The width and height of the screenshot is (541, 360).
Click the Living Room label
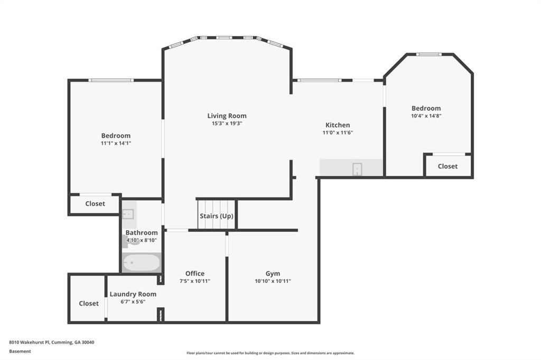coord(227,116)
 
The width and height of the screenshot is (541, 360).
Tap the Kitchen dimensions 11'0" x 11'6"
coord(338,132)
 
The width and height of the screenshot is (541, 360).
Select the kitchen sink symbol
coord(357,169)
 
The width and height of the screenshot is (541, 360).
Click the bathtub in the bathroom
coord(141,262)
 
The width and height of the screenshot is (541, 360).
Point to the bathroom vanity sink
coord(128,214)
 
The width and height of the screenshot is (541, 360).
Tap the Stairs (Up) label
coord(216,216)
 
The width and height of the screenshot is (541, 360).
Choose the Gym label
coord(273,273)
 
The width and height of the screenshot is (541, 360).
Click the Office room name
coord(195,273)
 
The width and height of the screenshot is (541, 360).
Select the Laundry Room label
coord(133,294)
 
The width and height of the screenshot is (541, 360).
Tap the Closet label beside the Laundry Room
coord(89,304)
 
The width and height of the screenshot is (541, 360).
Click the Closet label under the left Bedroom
coord(95,203)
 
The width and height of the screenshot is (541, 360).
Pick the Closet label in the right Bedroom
coord(447,166)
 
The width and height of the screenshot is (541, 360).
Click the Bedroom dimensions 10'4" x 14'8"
coord(426,116)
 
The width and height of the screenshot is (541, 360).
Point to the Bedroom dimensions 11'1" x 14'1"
coord(116,143)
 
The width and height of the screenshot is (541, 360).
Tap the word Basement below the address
coord(20,351)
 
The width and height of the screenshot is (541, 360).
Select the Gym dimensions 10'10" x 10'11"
coord(273,281)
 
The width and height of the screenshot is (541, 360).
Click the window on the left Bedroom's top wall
coord(111,80)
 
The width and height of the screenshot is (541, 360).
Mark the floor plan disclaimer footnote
coord(270,353)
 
